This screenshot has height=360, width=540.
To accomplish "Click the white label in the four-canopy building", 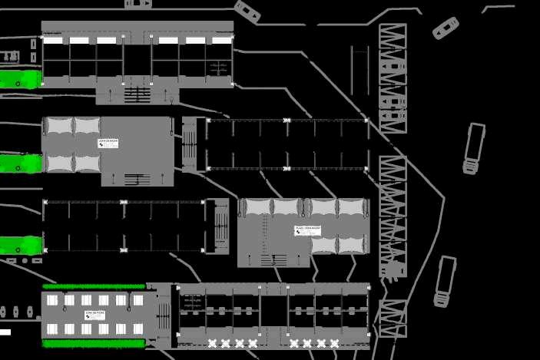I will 108,143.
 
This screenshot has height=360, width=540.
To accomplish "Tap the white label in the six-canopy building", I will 307,230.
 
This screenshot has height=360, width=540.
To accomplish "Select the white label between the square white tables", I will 95,315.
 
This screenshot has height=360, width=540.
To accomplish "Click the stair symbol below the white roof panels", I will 137,94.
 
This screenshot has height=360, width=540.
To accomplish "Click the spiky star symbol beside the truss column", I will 393,269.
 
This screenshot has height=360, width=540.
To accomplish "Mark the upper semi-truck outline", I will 473,148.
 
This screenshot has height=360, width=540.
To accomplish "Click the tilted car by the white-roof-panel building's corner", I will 247,11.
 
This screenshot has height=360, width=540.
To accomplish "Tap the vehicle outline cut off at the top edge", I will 138,3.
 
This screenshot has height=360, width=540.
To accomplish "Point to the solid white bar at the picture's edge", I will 5,332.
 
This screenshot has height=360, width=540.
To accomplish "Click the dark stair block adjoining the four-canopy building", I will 189,144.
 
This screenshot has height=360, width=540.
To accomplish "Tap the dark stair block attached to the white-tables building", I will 164,315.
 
